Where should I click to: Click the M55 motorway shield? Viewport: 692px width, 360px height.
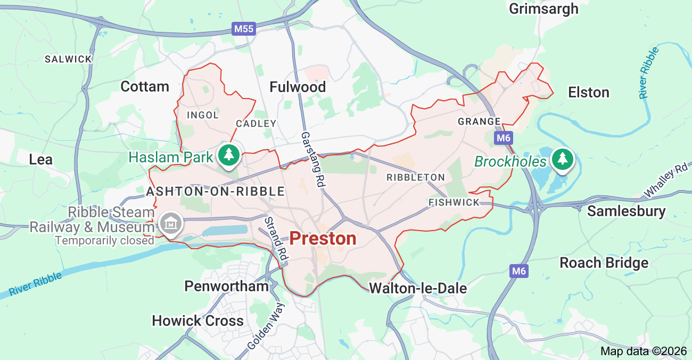coord(244,29)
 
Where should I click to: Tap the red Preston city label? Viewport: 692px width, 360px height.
coord(323,239)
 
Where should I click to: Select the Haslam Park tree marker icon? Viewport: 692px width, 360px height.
coord(229,155)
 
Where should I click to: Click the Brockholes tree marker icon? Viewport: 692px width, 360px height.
coord(563,159)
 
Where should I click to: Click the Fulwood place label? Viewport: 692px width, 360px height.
coord(298,87)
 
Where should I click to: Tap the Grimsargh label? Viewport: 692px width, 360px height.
coord(543,9)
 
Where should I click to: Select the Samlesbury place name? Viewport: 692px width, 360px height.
coord(626,211)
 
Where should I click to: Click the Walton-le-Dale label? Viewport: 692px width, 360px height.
coord(418,289)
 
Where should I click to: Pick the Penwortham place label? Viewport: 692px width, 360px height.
coord(226,286)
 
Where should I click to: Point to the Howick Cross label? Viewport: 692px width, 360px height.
coord(197,321)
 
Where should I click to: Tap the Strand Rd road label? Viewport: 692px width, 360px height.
coord(276,238)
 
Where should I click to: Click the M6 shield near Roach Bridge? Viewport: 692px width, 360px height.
coord(519,271)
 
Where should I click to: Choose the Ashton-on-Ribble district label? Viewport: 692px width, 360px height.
coord(216,191)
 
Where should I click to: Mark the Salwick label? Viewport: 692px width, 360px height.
coord(68,59)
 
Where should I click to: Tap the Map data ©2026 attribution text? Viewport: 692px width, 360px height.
coord(644,351)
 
